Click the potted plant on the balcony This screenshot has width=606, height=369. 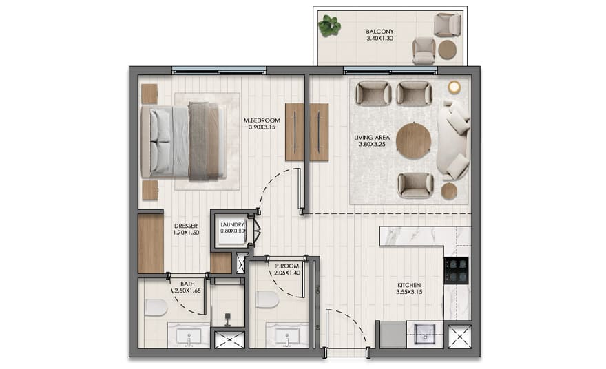[329, 25]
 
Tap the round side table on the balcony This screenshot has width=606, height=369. [447, 50]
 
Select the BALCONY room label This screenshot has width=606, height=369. [379, 32]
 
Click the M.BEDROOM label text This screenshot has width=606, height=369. [262, 120]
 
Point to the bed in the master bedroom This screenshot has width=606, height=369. [184, 142]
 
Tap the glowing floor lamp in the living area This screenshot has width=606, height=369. [454, 87]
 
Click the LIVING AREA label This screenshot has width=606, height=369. [372, 138]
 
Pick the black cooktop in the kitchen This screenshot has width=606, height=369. [456, 271]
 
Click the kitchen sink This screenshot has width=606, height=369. [425, 334]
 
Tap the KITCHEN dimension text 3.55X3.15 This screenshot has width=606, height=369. [409, 292]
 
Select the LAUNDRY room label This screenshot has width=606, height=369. [232, 225]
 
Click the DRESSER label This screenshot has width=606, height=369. [186, 226]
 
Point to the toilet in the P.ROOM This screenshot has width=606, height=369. [267, 300]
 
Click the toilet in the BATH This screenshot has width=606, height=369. [156, 308]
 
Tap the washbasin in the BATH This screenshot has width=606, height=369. [189, 337]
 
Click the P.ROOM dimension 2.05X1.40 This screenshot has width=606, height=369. [286, 273]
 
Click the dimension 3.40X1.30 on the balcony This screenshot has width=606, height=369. [379, 39]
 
